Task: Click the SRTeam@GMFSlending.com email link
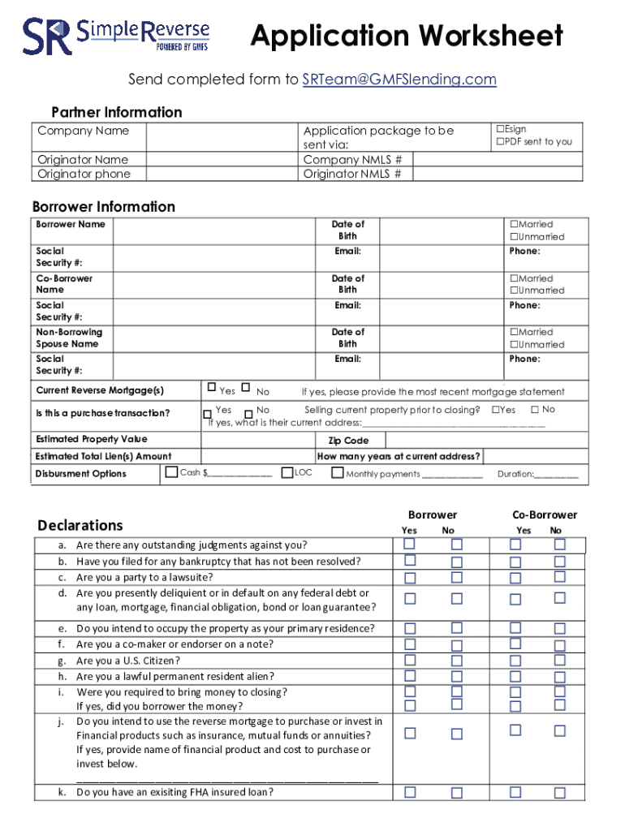point(399,80)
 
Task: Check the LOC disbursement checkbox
point(287,472)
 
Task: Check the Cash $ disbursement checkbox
point(171,472)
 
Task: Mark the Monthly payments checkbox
point(337,472)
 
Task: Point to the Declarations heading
point(80,525)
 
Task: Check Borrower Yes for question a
point(410,544)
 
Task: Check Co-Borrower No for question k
point(559,792)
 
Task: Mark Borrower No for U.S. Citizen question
point(456,660)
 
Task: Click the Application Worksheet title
point(407,36)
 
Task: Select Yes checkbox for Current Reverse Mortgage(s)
point(212,387)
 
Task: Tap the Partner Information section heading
point(117,112)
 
